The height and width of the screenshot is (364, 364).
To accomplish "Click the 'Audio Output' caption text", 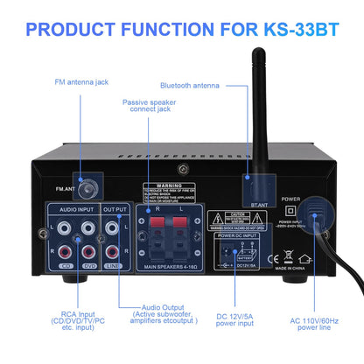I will pos(157,308).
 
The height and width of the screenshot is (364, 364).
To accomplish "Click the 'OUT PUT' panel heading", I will pos(115,211).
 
